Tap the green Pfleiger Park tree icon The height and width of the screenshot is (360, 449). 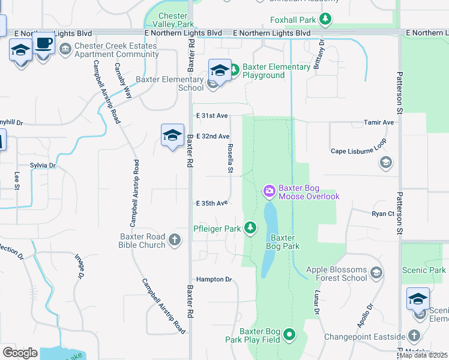tap(250, 228)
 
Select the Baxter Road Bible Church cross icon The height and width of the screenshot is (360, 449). tap(175, 240)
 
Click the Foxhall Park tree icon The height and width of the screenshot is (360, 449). tap(325, 20)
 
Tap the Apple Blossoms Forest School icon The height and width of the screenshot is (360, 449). tap(376, 274)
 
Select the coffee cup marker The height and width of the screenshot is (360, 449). tap(44, 44)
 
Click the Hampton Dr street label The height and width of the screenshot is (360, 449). tap(214, 280)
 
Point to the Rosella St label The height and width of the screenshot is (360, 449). tap(230, 158)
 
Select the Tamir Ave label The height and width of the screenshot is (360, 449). tap(379, 122)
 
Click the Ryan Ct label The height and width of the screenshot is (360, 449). tap(382, 214)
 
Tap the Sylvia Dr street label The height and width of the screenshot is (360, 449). tap(43, 165)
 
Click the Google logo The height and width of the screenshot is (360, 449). tap(20, 353)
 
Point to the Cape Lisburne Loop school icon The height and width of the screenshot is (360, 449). tap(385, 163)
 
